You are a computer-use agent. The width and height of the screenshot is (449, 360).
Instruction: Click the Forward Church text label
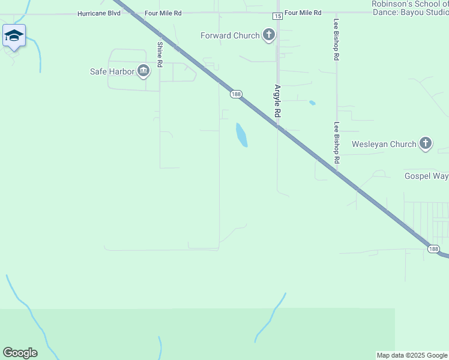point(230,35)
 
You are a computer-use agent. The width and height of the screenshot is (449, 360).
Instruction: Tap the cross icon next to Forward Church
point(269,35)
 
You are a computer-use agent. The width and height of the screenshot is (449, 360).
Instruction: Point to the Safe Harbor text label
point(112,71)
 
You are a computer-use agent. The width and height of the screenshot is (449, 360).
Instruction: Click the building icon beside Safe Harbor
point(143,71)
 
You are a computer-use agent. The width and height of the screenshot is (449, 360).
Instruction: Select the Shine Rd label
point(160,54)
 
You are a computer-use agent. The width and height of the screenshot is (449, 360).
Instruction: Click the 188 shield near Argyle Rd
point(236,94)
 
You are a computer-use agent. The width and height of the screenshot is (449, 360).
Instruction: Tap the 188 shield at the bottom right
point(433,248)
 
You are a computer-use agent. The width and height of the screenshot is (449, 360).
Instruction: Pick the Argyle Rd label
point(278,100)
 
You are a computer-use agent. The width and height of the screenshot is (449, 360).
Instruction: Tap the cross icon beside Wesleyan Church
point(426,143)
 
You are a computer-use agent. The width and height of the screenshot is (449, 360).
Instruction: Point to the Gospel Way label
point(426,176)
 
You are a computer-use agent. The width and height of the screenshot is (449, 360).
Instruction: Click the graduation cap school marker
point(14,36)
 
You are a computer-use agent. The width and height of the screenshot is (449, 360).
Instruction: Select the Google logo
point(20,352)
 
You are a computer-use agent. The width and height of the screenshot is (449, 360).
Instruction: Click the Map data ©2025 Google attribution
point(412,355)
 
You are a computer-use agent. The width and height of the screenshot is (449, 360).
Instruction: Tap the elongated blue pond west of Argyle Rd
point(241,135)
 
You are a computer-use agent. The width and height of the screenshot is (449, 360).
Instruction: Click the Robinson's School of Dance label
point(410,8)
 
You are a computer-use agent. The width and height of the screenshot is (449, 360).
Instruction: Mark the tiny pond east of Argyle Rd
point(312,103)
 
